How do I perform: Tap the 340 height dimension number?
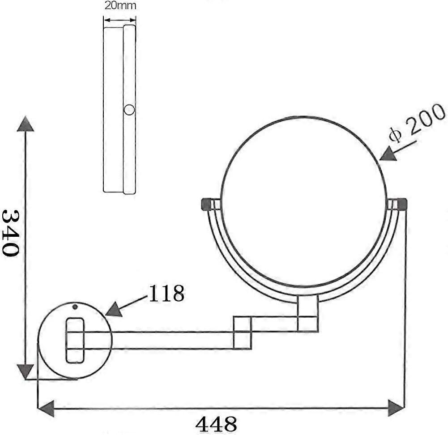pos(11,233)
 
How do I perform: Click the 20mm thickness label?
pos(120,5)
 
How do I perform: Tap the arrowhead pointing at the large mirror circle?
pos(388,154)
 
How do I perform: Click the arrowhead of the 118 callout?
pos(114,309)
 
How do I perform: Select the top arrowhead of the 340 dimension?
pos(26,124)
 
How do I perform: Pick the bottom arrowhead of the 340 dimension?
pos(26,371)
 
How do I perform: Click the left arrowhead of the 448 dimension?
pos(46,409)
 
